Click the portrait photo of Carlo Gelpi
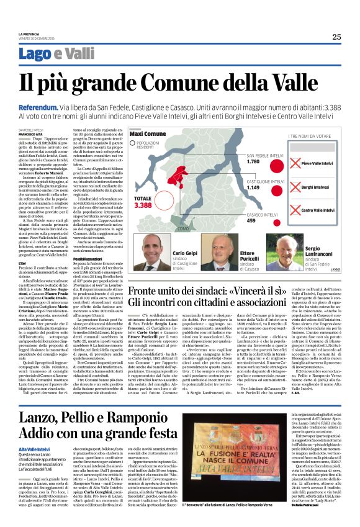153,251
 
